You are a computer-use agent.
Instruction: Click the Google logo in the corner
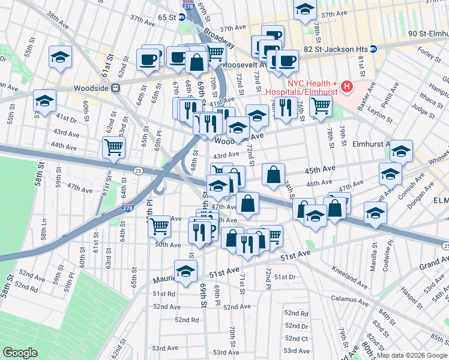click(x=20, y=353)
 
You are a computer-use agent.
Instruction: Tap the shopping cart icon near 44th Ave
click(x=113, y=146)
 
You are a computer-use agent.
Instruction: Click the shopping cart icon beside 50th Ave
click(x=159, y=226)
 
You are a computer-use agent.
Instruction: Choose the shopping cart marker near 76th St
click(x=321, y=106)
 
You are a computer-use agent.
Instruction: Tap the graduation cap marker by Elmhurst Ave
click(x=401, y=152)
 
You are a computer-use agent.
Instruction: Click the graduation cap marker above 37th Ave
click(x=305, y=10)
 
